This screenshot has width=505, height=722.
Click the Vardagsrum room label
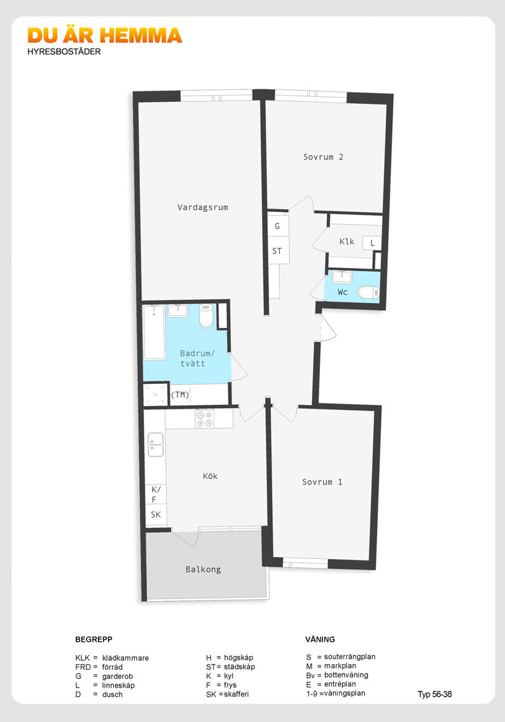[203, 207]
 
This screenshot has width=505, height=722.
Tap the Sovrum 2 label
[323, 157]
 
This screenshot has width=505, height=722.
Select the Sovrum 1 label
[322, 482]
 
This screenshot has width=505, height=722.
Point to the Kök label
[210, 476]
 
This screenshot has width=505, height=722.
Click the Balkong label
[204, 570]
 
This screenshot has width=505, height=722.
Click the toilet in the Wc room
[368, 292]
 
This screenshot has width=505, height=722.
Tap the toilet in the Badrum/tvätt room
[207, 315]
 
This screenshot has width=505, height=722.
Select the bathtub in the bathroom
[154, 332]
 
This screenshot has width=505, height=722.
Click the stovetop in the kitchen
[204, 418]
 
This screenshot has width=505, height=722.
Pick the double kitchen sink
[155, 445]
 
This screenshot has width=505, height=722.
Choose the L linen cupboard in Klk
[372, 243]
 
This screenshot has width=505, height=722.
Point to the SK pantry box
[156, 515]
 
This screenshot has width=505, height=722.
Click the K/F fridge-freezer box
[156, 495]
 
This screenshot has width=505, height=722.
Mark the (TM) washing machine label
[180, 395]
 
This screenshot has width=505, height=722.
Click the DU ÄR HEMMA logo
[105, 36]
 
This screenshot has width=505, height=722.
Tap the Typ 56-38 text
[434, 695]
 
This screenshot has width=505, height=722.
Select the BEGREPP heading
[94, 639]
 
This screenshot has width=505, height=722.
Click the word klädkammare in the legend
[125, 658]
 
